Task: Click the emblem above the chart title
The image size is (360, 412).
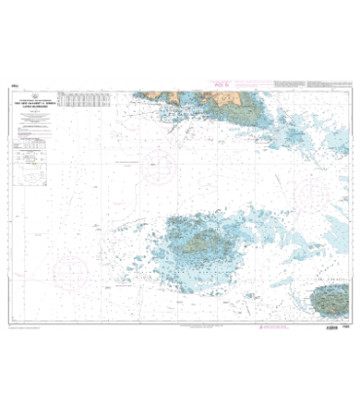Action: (x=35, y=96)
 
